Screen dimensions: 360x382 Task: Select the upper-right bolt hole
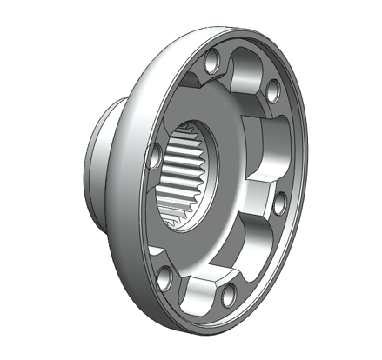pyautogui.click(x=272, y=89)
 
